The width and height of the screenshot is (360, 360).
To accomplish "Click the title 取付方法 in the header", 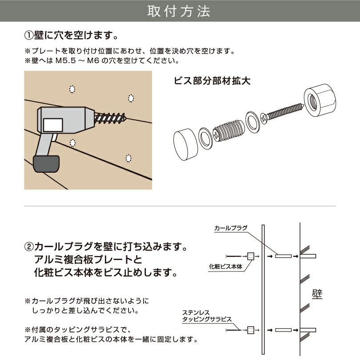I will tap(180, 12).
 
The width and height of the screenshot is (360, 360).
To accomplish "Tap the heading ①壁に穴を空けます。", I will tap(71, 35).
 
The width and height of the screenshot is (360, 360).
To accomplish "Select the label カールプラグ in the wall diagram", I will tap(230, 228).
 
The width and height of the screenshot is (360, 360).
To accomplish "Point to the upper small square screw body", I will tap(250, 256).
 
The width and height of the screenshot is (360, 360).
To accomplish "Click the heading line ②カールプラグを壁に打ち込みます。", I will tap(107, 246).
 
